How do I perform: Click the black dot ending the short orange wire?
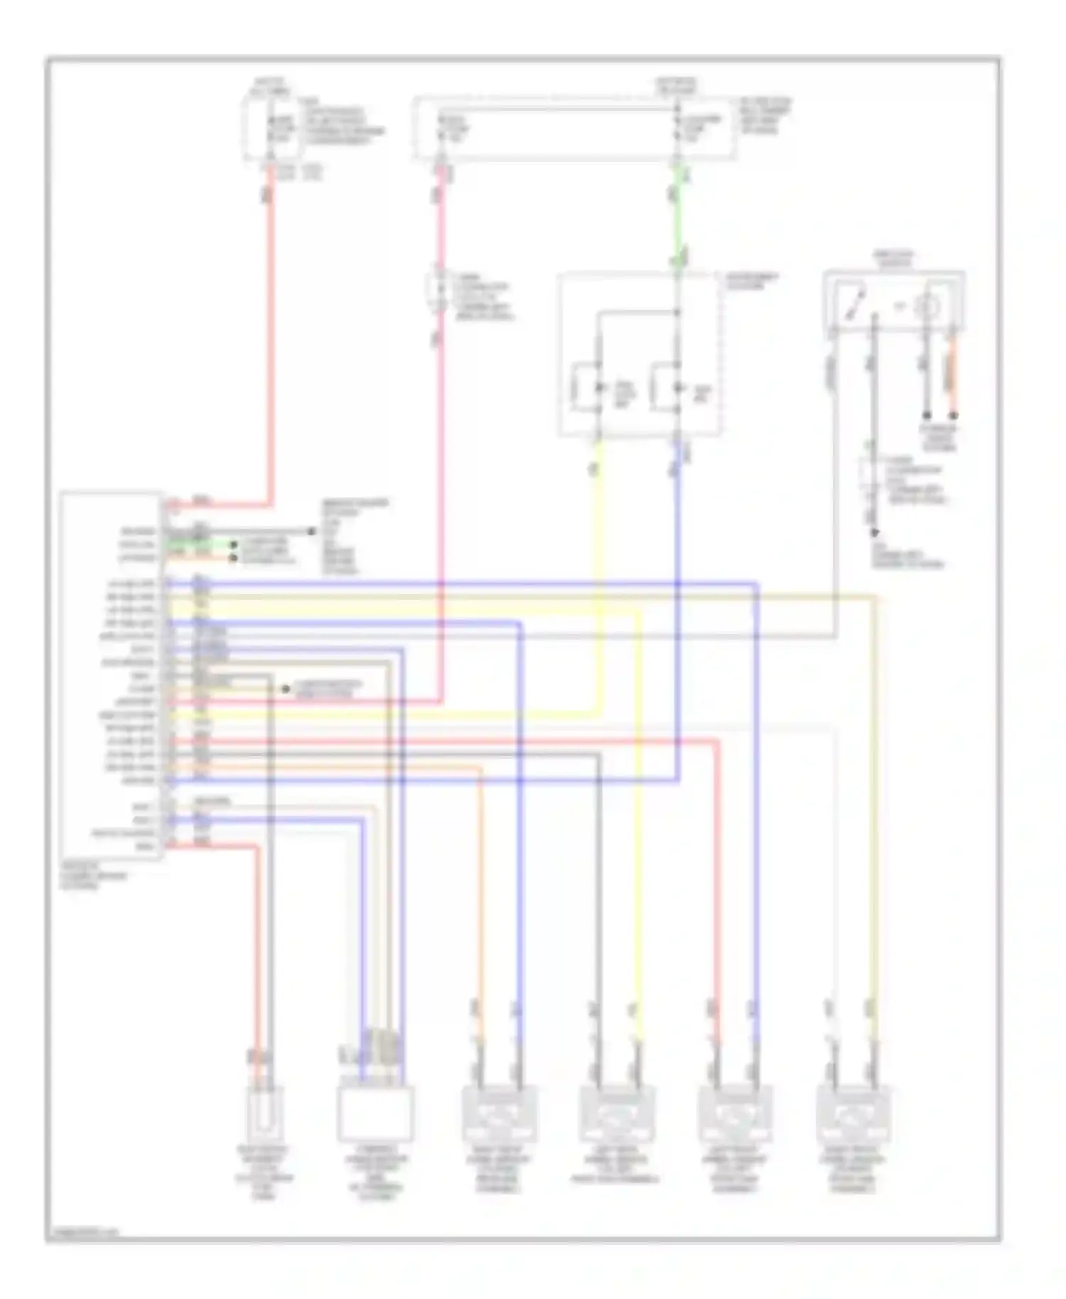click(x=954, y=415)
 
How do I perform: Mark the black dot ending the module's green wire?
click(x=233, y=545)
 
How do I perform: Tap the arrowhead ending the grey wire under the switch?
click(x=875, y=532)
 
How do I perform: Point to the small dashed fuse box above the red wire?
click(x=271, y=129)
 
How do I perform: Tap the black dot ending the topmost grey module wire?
click(x=311, y=532)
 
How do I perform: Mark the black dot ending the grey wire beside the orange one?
click(x=927, y=415)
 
